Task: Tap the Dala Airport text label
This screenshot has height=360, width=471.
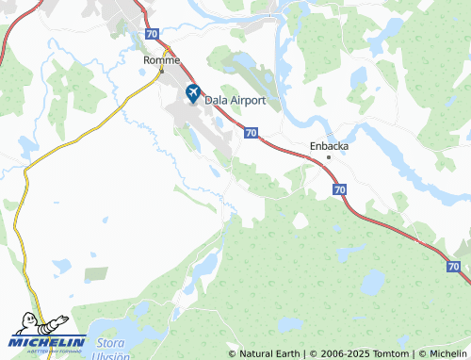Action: point(239,99)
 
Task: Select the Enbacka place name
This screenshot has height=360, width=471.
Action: point(329,146)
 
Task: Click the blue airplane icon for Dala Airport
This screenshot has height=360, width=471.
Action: point(193,93)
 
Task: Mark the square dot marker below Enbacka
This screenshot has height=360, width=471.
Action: point(329,157)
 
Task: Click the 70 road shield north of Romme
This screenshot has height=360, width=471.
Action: point(153,33)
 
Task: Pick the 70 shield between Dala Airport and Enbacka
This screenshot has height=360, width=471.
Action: point(251,134)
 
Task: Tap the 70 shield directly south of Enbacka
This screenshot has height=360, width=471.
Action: point(338,189)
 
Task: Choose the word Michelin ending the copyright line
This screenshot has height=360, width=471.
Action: point(447,353)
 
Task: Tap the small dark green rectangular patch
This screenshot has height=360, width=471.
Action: point(96,273)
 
